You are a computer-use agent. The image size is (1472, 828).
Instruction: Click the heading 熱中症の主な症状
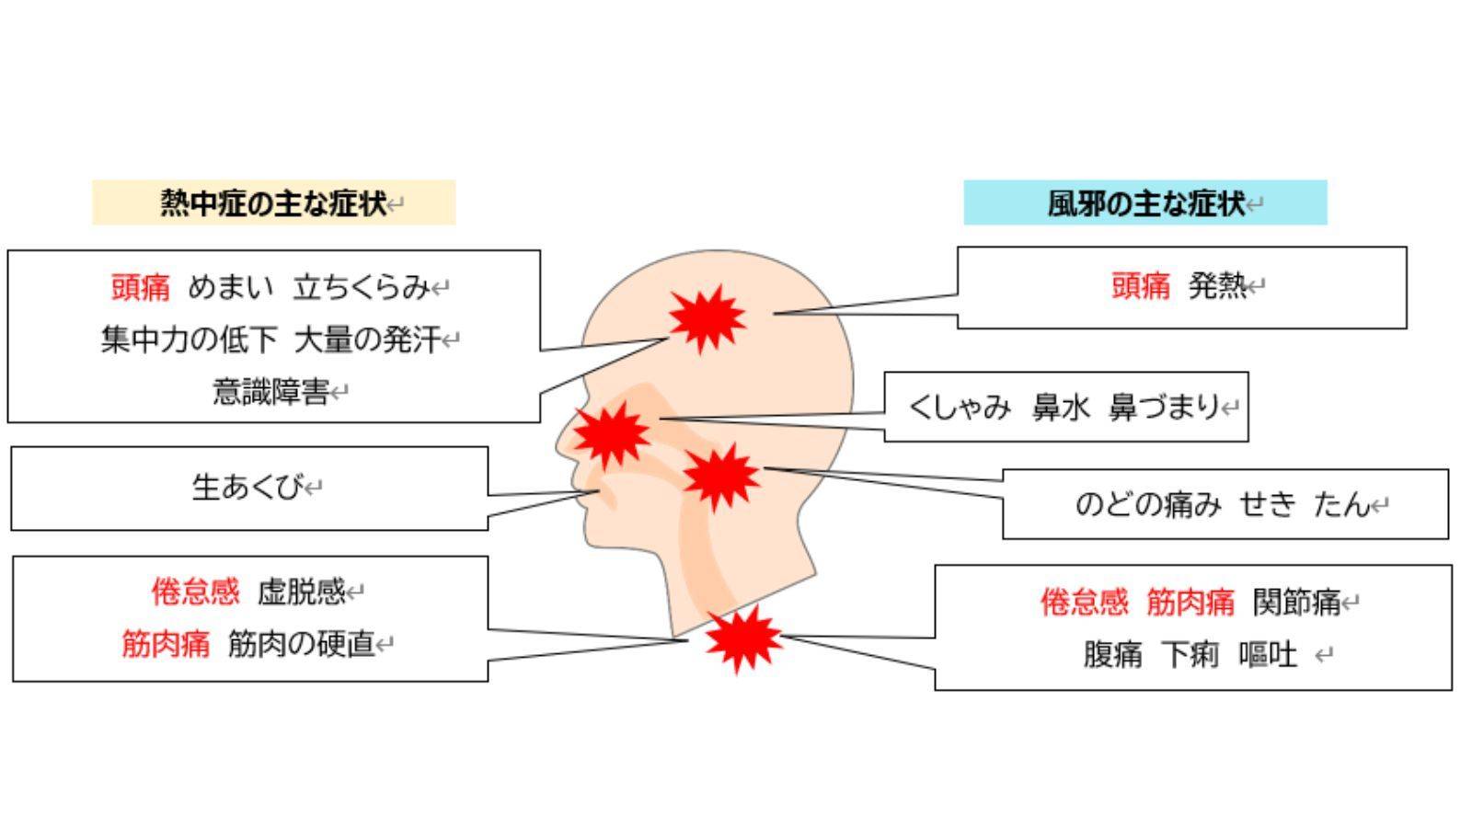click(273, 202)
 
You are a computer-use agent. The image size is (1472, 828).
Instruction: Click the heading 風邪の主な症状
click(1145, 202)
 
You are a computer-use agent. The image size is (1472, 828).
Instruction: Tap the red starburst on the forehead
click(706, 317)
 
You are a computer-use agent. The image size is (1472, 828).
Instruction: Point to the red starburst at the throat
click(720, 477)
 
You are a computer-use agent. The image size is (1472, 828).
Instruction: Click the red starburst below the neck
click(742, 638)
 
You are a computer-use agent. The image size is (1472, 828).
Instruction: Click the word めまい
click(231, 288)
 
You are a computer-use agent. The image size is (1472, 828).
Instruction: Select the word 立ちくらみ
click(361, 288)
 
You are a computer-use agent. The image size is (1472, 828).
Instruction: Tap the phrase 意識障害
click(270, 392)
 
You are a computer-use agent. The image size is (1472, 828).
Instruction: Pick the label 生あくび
click(247, 488)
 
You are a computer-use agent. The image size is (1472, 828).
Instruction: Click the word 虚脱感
click(301, 592)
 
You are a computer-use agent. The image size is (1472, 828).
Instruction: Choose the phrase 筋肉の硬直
click(301, 644)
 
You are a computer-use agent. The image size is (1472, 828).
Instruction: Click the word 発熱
click(1216, 286)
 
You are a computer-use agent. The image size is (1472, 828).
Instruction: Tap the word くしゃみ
click(960, 407)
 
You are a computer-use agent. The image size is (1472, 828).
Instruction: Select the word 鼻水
click(1061, 407)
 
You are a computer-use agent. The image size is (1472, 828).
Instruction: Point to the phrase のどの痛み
click(1148, 504)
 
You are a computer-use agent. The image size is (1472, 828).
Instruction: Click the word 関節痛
click(1296, 603)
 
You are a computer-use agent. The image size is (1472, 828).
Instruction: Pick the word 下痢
click(1190, 655)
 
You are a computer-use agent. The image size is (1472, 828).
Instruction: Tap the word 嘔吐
click(1268, 655)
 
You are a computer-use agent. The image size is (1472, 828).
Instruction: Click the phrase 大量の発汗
click(367, 340)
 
